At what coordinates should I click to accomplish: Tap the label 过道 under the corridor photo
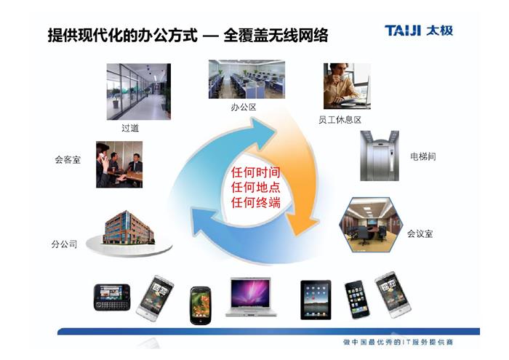pos(130,128)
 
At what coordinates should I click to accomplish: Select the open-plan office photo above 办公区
pos(247,79)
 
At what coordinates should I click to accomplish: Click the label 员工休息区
pos(340,120)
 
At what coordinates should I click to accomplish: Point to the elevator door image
pos(380,156)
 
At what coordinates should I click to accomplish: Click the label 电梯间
pos(423,156)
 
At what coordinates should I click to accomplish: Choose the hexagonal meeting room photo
pos(371,225)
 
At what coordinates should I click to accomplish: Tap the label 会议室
pos(420,233)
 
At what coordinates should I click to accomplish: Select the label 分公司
pos(64,244)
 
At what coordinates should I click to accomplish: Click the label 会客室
pos(68,160)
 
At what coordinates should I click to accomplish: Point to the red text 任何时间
pos(255,172)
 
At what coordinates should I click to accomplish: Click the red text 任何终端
pos(255,203)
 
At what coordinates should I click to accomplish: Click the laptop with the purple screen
pos(250,297)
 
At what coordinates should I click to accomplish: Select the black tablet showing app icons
pos(316,300)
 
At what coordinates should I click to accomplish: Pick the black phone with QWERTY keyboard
pos(112,297)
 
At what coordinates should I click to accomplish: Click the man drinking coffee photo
pos(347,86)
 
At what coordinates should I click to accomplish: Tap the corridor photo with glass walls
pos(139,92)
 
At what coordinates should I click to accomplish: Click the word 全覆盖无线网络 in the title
pos(276,35)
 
